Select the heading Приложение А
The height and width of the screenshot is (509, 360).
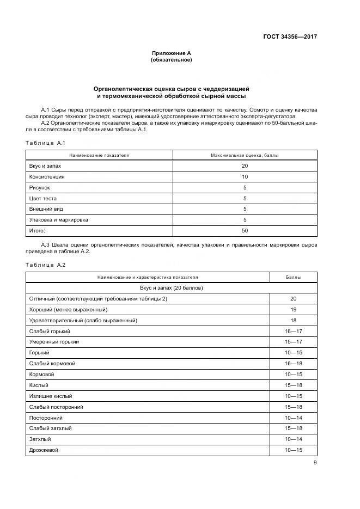pyautogui.click(x=171, y=53)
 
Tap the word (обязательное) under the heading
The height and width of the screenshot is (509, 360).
pyautogui.click(x=171, y=60)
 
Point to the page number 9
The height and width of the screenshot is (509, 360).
pyautogui.click(x=315, y=463)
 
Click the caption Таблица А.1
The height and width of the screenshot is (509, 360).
pyautogui.click(x=45, y=143)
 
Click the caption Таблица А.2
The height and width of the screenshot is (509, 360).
pyautogui.click(x=45, y=265)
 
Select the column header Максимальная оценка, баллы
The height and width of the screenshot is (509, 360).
pyautogui.click(x=245, y=155)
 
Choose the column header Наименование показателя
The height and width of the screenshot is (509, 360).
pyautogui.click(x=99, y=155)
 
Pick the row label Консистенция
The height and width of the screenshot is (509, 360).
pyautogui.click(x=46, y=177)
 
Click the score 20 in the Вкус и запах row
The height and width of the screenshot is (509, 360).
pyautogui.click(x=245, y=166)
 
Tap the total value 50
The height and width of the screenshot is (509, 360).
pyautogui.click(x=245, y=231)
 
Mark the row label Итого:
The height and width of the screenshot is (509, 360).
pyautogui.click(x=37, y=231)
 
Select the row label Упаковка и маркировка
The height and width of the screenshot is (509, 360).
pyautogui.click(x=58, y=220)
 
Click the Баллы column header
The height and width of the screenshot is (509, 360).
pyautogui.click(x=293, y=277)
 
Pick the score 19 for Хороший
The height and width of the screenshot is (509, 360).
pyautogui.click(x=293, y=310)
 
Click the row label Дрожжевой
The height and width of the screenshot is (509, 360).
pyautogui.click(x=44, y=450)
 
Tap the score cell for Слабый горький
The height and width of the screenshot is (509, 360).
pyautogui.click(x=293, y=331)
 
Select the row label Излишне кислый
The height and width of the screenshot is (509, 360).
pyautogui.click(x=50, y=396)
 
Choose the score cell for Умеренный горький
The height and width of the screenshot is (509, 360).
pyautogui.click(x=293, y=342)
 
